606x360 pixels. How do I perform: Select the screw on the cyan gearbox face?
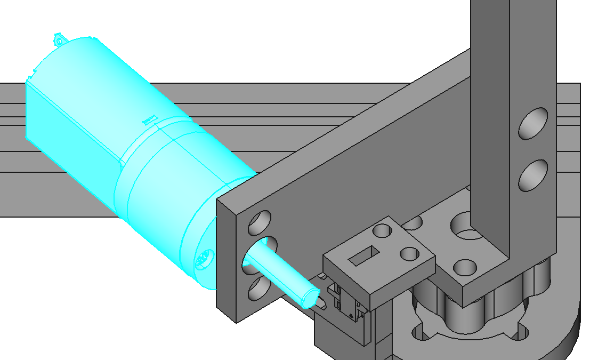pyautogui.click(x=204, y=260)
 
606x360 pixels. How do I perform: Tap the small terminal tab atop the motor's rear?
pyautogui.click(x=59, y=39)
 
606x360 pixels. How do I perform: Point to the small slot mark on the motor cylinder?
pyautogui.click(x=149, y=119)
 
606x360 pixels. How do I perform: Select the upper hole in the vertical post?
pyautogui.click(x=534, y=123)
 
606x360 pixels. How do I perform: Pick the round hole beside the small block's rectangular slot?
pyautogui.click(x=382, y=231)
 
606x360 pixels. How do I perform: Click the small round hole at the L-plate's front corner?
pyautogui.click(x=465, y=267)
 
